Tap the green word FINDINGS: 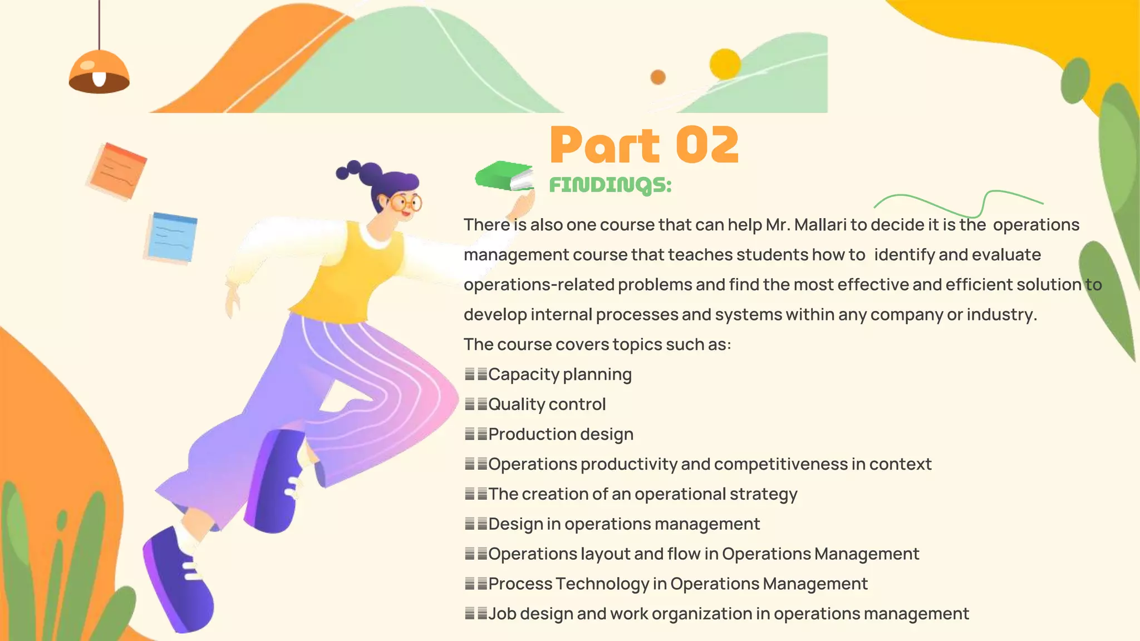click(x=610, y=185)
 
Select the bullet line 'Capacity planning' click(x=559, y=374)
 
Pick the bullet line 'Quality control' click(x=547, y=405)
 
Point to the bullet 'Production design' click(x=561, y=435)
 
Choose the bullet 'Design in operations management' click(x=623, y=524)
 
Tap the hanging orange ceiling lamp click(x=99, y=72)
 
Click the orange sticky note click(x=117, y=171)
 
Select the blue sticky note click(x=172, y=237)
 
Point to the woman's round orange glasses click(x=406, y=203)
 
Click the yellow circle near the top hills click(x=725, y=64)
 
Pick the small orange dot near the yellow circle click(x=658, y=77)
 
